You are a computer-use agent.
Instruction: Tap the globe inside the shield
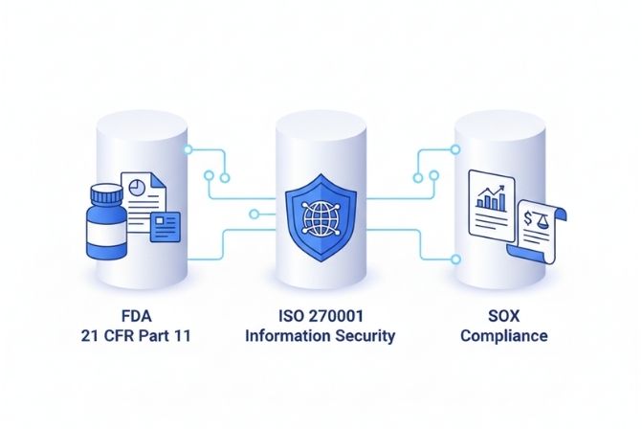321,216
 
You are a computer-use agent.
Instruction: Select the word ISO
285,316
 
